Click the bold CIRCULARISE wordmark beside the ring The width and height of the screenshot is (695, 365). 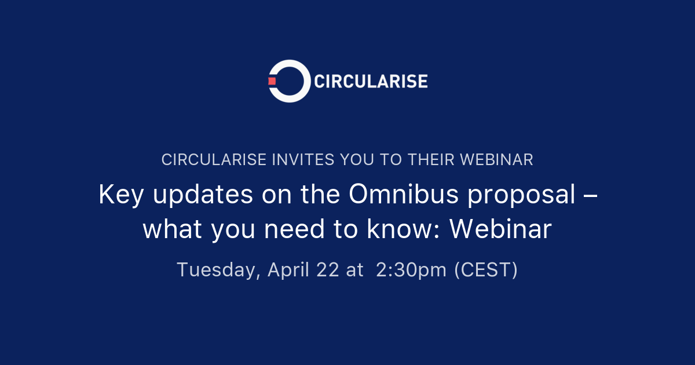point(371,81)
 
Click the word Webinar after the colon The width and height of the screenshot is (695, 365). point(500,229)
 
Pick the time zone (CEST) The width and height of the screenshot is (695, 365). point(486,270)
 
